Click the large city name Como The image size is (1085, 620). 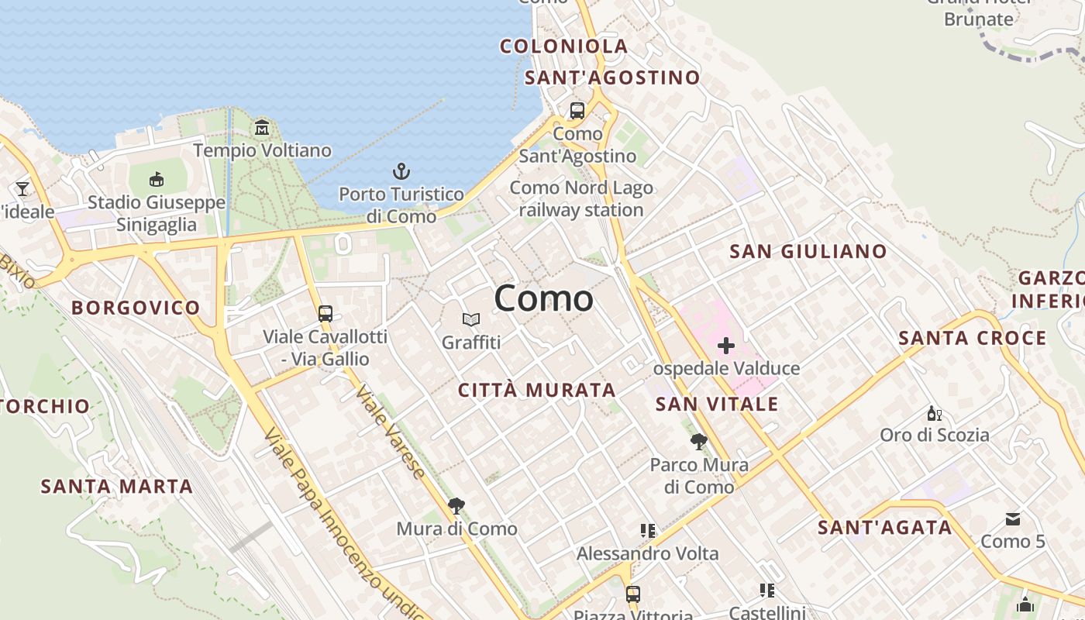click(x=543, y=298)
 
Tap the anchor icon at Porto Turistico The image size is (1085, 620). click(x=401, y=171)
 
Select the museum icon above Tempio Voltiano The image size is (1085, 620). click(x=262, y=127)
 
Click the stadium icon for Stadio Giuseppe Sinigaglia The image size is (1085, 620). click(x=157, y=180)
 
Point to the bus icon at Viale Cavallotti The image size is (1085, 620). click(x=325, y=314)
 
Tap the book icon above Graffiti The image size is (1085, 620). click(x=471, y=319)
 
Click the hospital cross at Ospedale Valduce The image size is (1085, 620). click(x=726, y=346)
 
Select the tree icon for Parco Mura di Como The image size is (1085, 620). click(x=698, y=442)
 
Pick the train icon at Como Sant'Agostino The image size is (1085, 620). click(x=577, y=111)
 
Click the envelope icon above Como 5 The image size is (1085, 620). click(x=1012, y=519)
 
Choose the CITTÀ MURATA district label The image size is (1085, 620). click(x=536, y=390)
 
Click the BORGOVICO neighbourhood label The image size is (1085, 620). click(x=136, y=308)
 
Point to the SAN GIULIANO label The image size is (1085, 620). click(x=808, y=251)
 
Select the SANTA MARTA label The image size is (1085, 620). click(x=116, y=487)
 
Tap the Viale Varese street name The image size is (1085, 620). click(x=391, y=431)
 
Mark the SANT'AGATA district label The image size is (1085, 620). click(x=884, y=528)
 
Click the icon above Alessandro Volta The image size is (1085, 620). click(x=648, y=531)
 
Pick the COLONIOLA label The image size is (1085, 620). click(x=563, y=46)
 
